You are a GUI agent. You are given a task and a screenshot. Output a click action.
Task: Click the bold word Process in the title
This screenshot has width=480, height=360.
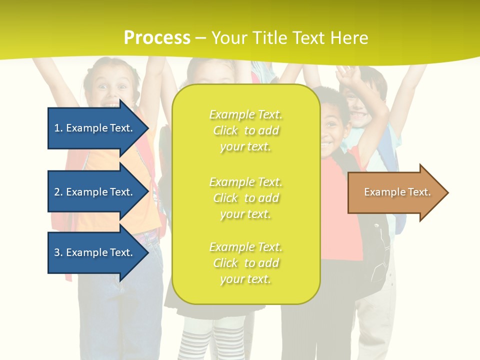157,38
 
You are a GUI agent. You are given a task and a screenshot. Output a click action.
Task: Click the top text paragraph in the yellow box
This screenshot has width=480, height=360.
245,130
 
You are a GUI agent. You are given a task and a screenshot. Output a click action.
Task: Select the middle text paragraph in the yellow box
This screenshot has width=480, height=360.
245,198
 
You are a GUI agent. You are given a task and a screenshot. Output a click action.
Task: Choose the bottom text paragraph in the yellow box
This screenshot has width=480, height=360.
245,263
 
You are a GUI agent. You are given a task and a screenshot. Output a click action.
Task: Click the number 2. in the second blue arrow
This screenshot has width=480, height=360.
58,192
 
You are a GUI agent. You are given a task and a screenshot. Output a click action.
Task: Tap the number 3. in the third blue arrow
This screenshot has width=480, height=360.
58,252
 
